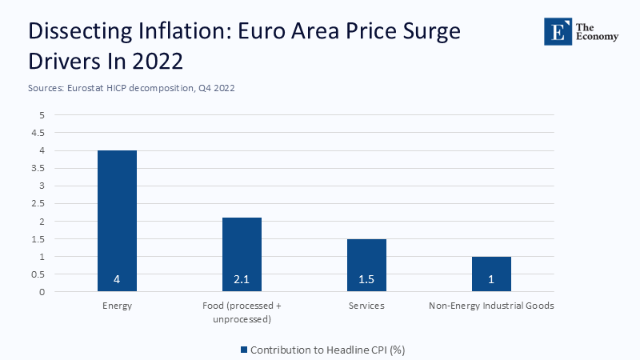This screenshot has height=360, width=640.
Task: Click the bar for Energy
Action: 117,221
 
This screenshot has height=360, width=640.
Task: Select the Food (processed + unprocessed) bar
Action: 242,254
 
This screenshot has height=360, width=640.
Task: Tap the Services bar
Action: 366,265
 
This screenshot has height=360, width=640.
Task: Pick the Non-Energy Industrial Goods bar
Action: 491,274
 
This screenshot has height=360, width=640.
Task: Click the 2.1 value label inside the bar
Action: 242,281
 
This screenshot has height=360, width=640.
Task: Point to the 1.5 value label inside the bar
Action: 366,281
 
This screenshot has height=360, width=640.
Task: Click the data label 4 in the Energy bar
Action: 117,281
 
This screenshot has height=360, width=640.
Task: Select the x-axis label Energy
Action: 117,306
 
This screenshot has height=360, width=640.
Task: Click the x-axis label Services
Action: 366,306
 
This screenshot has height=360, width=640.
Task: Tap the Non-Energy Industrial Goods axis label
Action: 491,306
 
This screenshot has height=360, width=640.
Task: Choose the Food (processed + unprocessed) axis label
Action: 242,312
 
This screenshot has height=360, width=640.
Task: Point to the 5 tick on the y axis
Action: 42,115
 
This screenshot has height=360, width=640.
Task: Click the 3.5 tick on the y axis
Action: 38,168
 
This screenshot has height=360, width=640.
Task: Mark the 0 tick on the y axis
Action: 42,292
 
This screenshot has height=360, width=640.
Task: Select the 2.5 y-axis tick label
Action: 38,203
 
